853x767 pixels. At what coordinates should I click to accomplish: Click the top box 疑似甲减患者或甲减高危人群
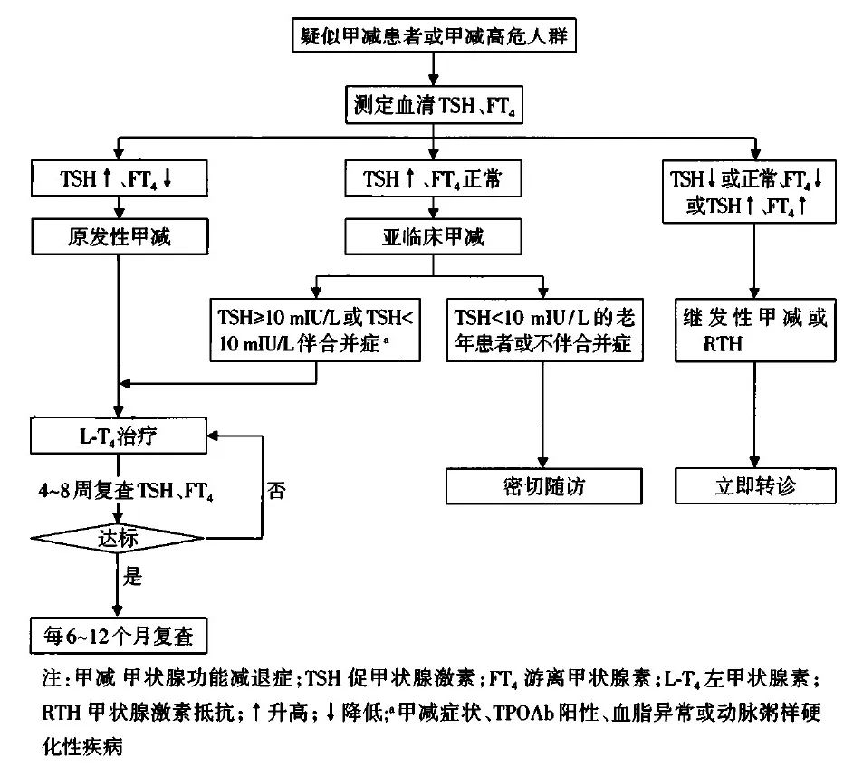tap(433, 36)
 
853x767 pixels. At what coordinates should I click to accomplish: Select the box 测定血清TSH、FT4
tap(433, 106)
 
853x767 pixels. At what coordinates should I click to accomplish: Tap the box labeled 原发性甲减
tap(120, 237)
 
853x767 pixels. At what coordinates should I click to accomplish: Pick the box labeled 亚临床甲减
tap(433, 237)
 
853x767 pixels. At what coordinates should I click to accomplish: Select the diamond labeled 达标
tap(118, 539)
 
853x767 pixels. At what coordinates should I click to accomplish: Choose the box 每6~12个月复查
tap(120, 636)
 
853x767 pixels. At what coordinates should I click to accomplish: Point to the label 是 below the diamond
tap(133, 577)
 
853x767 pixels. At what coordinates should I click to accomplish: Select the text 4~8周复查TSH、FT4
tap(123, 490)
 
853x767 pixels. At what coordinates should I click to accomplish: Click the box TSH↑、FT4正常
tap(433, 178)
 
